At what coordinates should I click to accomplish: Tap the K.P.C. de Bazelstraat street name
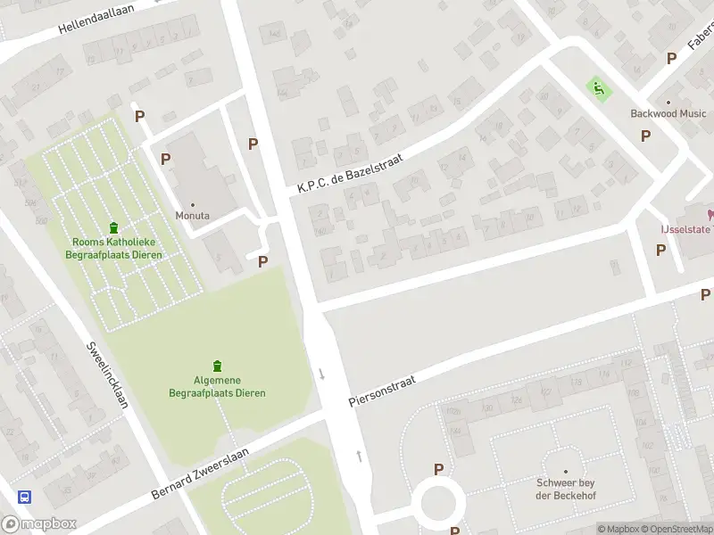351,174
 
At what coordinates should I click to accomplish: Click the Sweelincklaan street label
107,374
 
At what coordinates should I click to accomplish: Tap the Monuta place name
193,216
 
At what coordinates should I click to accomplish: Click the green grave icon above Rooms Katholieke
113,228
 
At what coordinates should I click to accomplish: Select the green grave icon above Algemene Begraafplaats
217,366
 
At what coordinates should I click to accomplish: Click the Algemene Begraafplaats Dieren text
217,387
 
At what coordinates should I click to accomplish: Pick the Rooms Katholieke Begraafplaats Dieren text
112,249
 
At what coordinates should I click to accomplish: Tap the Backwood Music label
668,113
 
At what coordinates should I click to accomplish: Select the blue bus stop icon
24,498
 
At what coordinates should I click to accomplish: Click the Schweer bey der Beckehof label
565,489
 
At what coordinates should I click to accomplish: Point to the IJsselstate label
685,229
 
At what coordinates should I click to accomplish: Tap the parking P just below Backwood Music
645,136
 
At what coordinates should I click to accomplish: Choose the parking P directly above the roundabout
438,469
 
